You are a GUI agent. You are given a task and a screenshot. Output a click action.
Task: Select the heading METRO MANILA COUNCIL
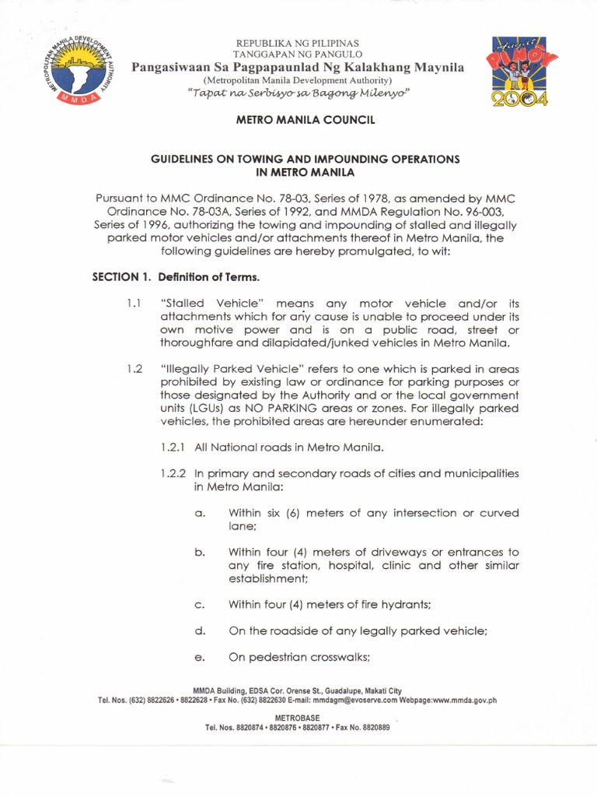[298, 121]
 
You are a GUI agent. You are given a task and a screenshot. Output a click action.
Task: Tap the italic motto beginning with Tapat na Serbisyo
[298, 93]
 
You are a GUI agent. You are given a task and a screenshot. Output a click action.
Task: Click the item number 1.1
[133, 303]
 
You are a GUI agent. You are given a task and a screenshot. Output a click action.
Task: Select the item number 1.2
[134, 369]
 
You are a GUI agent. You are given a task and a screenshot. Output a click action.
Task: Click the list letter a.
[199, 513]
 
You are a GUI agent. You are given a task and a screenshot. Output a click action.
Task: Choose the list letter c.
[199, 604]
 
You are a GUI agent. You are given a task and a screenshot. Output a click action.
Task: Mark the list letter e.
[199, 657]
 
